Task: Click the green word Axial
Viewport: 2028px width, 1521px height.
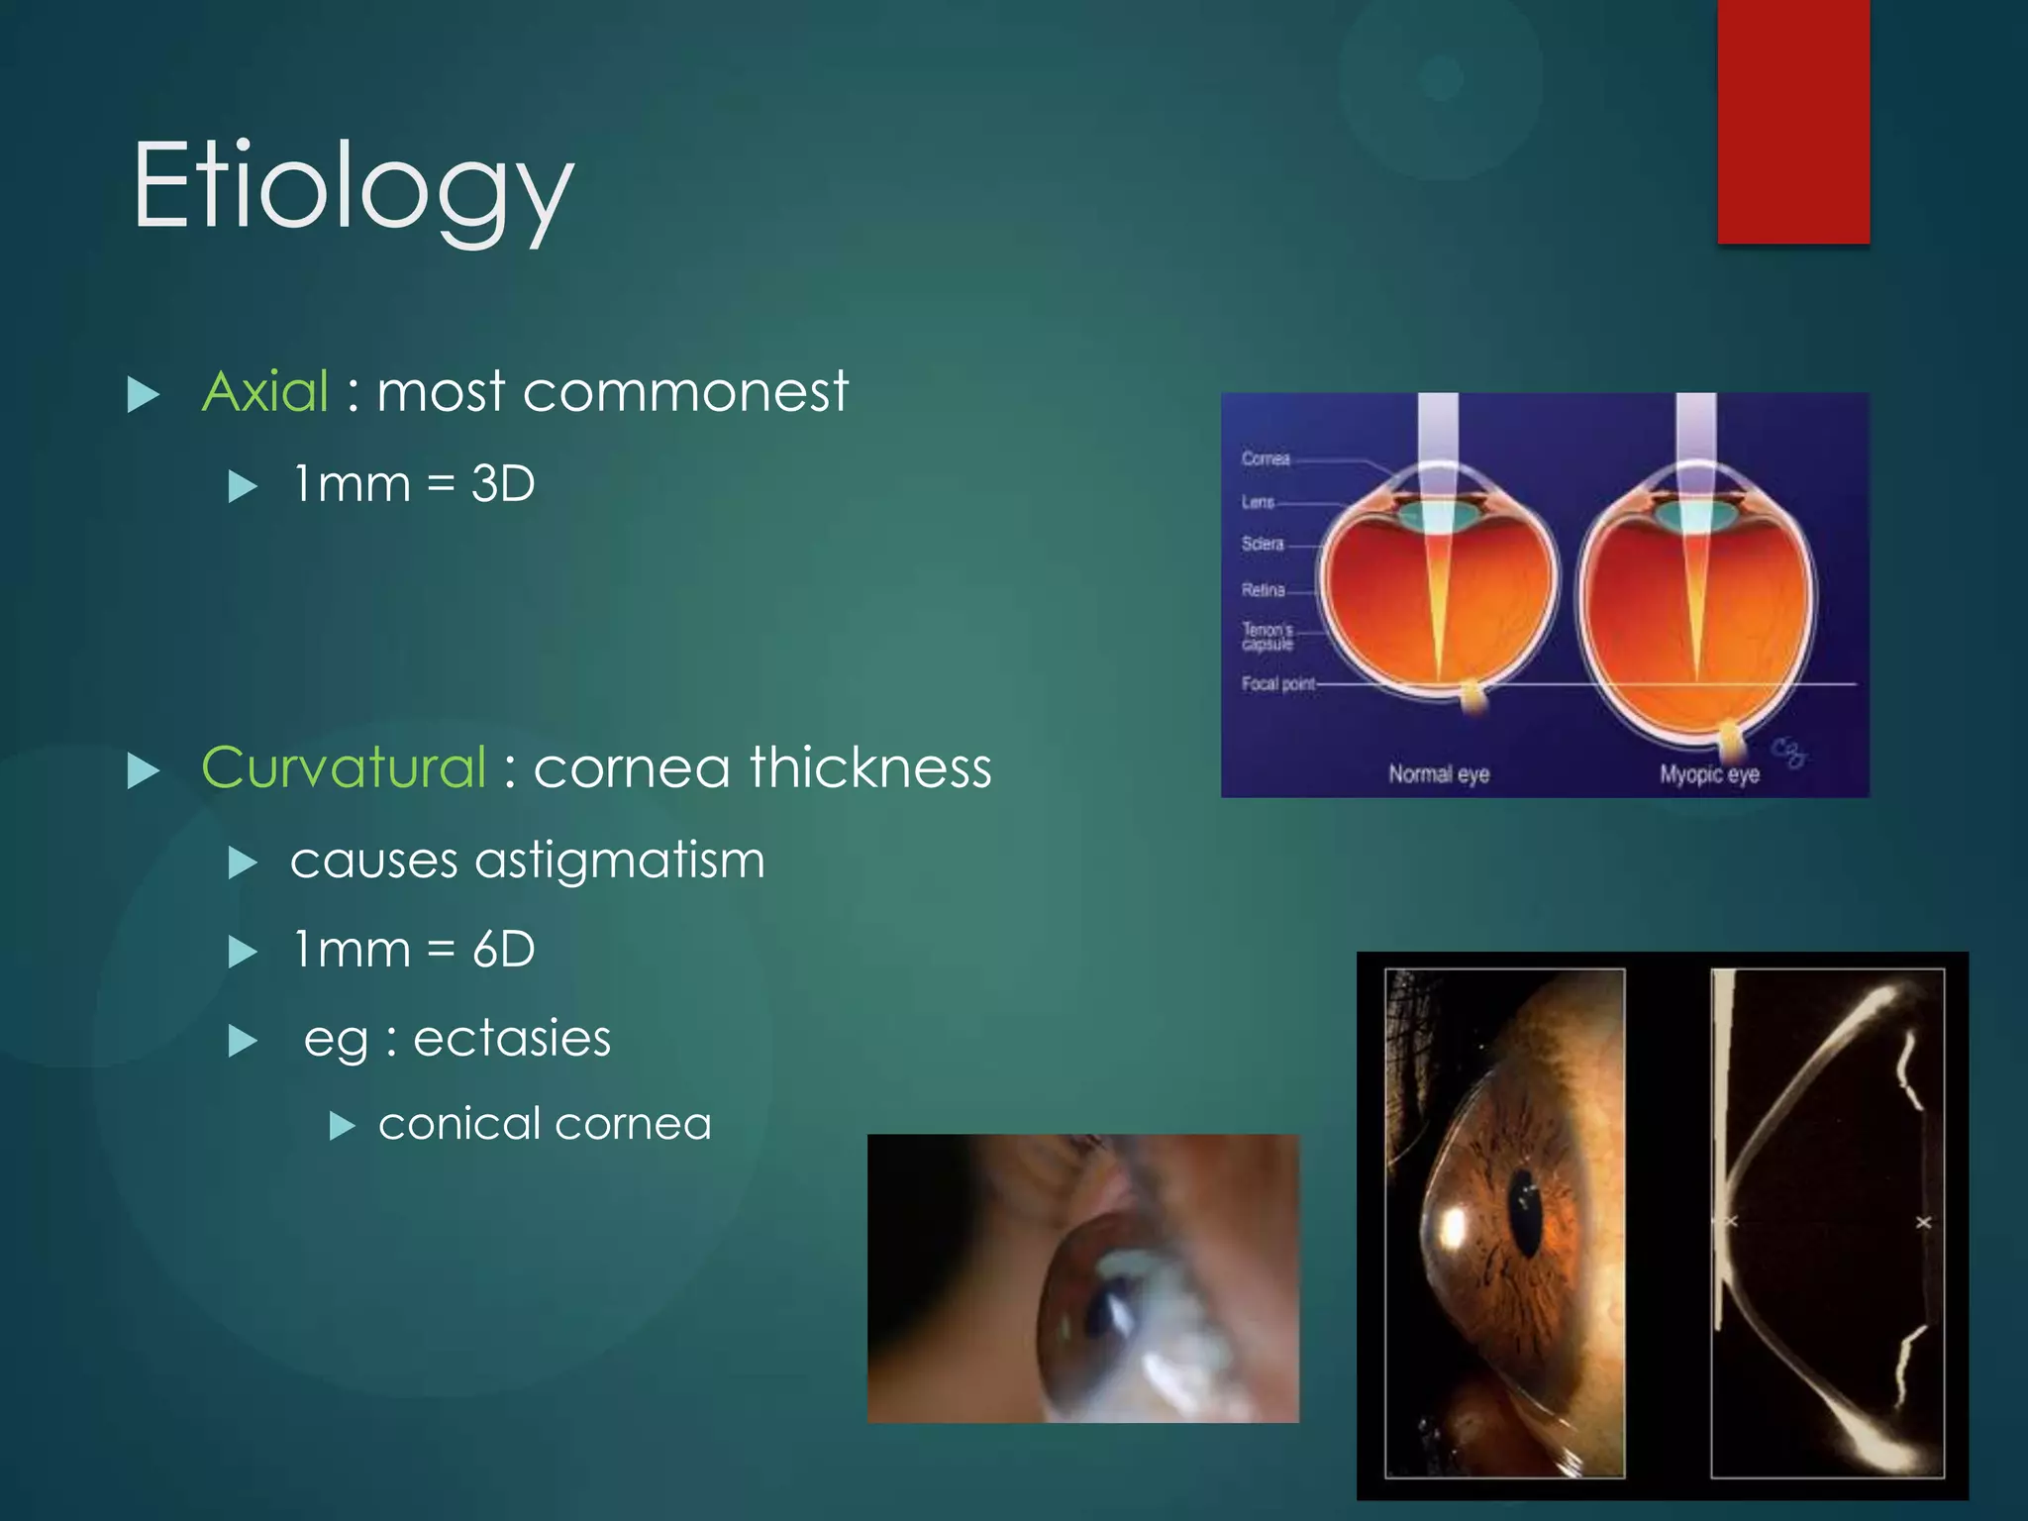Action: [x=265, y=391]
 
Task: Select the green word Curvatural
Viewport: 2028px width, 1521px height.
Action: [x=344, y=767]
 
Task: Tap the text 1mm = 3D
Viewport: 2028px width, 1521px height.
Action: [x=414, y=484]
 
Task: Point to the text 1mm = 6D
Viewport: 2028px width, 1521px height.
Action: [x=414, y=950]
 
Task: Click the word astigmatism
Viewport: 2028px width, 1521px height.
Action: [x=620, y=860]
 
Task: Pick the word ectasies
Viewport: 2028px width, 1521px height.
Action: [x=512, y=1039]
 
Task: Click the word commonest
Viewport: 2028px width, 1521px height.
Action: [x=685, y=391]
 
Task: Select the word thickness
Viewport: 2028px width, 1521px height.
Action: [x=870, y=767]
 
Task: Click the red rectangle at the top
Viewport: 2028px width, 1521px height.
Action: [x=1793, y=121]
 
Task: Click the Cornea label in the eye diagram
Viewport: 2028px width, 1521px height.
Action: [x=1266, y=458]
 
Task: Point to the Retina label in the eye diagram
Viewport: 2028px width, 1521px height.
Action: [x=1263, y=590]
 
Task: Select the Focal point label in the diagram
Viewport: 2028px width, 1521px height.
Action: [x=1277, y=683]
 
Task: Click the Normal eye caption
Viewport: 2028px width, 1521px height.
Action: [x=1438, y=773]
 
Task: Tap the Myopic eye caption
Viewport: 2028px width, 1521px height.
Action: [x=1709, y=773]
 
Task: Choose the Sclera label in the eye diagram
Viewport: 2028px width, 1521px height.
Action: [x=1263, y=544]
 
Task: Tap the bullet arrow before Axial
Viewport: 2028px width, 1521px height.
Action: [x=144, y=395]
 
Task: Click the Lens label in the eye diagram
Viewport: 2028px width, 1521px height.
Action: [x=1258, y=502]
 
